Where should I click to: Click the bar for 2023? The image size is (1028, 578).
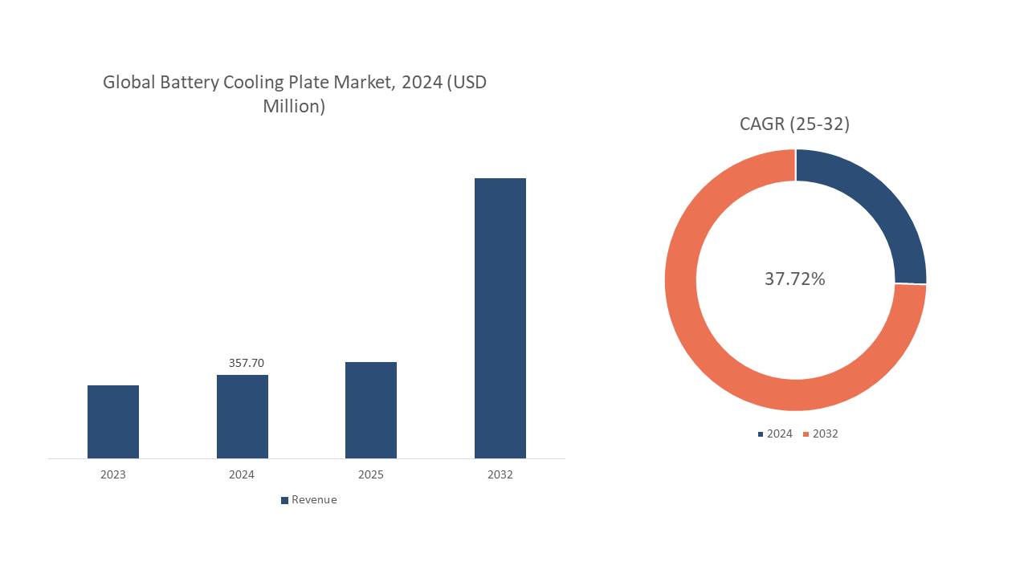(x=113, y=421)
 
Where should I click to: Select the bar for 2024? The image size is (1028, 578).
(x=243, y=417)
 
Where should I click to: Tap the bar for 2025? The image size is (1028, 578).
(x=371, y=410)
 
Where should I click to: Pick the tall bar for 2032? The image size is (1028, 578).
(x=500, y=318)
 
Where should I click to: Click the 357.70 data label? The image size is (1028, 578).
(x=246, y=363)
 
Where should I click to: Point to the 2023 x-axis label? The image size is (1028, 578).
(x=113, y=474)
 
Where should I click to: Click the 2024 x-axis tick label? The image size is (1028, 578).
(x=242, y=474)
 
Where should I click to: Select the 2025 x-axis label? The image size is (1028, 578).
(x=371, y=474)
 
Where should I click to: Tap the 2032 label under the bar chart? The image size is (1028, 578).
(x=500, y=474)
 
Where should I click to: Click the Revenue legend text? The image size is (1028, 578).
(x=314, y=499)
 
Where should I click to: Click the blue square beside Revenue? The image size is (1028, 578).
(x=284, y=500)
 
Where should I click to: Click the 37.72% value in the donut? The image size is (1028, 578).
(x=795, y=279)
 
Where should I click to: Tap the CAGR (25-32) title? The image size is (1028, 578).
(x=794, y=124)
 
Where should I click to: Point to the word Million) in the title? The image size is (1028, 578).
(x=294, y=106)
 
